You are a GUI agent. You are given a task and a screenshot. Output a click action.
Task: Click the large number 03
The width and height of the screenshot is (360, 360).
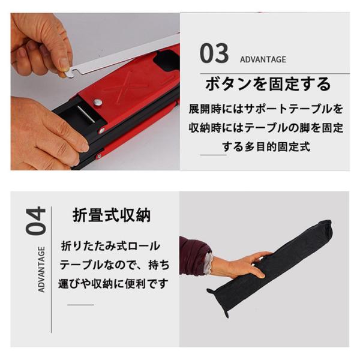tap(214, 53)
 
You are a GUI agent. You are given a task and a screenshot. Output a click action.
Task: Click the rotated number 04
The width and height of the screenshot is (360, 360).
tap(36, 221)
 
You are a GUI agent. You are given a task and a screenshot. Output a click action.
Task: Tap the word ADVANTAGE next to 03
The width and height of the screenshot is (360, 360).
tap(263, 59)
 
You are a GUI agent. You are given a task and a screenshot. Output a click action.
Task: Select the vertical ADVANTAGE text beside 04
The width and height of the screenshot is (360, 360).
tap(41, 269)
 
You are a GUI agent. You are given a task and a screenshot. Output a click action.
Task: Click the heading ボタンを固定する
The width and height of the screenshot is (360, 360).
tap(268, 83)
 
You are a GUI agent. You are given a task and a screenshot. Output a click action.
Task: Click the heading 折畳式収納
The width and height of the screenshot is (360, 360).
tap(112, 215)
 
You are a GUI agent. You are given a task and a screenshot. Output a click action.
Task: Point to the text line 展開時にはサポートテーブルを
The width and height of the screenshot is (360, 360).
tap(266, 109)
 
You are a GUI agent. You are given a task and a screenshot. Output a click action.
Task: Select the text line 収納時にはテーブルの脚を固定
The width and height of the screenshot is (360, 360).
tap(266, 128)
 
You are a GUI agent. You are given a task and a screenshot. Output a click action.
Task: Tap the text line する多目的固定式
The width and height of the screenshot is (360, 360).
tap(266, 147)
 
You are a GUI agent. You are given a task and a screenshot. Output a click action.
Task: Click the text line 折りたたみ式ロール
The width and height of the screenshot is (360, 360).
tap(110, 246)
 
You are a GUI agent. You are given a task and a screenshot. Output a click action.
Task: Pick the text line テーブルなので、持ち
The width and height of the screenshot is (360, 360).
tap(115, 265)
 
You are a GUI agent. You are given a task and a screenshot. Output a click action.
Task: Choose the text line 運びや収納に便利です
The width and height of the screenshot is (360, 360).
tap(113, 284)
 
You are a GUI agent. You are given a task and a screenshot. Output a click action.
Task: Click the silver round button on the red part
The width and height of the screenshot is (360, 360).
tap(98, 102)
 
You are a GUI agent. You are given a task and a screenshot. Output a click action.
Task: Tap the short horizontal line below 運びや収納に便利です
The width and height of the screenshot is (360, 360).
tap(80, 305)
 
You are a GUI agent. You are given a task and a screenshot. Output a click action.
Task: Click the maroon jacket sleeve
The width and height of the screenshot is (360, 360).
tap(195, 255)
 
